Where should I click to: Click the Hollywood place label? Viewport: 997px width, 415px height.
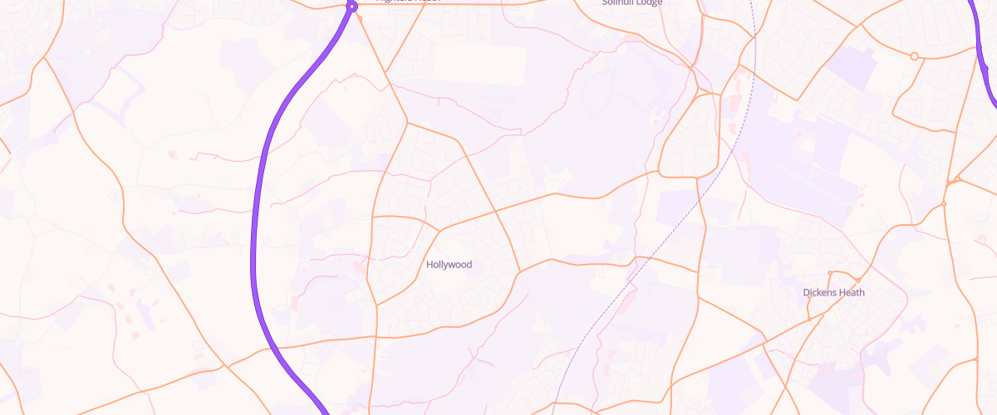449,265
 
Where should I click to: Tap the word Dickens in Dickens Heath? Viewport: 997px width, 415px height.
821,292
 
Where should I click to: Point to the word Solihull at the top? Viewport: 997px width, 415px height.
618,2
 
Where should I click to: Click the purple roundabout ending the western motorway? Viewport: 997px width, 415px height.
351,7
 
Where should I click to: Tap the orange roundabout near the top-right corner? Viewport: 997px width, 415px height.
914,56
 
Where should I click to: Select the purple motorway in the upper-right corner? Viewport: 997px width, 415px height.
986,58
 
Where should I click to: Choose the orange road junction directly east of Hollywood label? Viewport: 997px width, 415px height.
519,271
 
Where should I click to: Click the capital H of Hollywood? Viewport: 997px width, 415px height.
430,265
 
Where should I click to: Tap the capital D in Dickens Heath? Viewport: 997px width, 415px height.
807,292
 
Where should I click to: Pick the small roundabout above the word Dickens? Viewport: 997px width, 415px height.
830,273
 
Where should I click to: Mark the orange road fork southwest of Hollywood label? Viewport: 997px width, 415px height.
376,304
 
